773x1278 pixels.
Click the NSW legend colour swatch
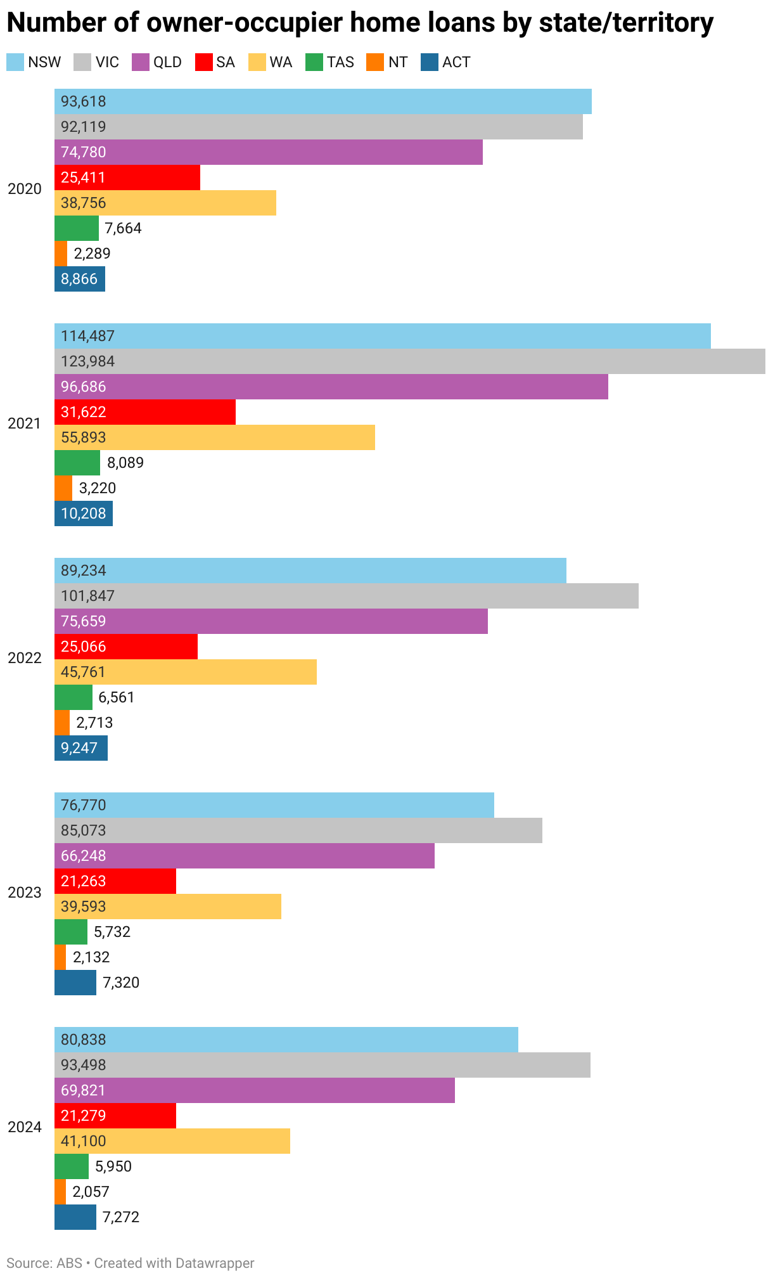click(15, 62)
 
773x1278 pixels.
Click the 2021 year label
click(25, 423)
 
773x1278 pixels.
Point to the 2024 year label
click(25, 1127)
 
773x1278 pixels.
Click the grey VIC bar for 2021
click(409, 361)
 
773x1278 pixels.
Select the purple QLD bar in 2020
click(268, 152)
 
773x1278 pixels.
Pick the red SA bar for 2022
click(125, 647)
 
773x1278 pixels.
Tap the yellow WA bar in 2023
click(167, 907)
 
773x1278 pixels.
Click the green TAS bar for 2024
click(71, 1166)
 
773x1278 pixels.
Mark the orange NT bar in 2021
click(63, 488)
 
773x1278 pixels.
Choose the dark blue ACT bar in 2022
click(80, 748)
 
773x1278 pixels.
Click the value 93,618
click(83, 101)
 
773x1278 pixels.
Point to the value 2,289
click(92, 254)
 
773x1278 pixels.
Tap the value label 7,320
click(121, 983)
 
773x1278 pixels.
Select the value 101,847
click(87, 596)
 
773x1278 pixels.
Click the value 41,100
click(83, 1141)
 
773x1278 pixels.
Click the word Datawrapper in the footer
click(214, 1263)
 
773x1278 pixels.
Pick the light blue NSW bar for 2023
click(274, 805)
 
